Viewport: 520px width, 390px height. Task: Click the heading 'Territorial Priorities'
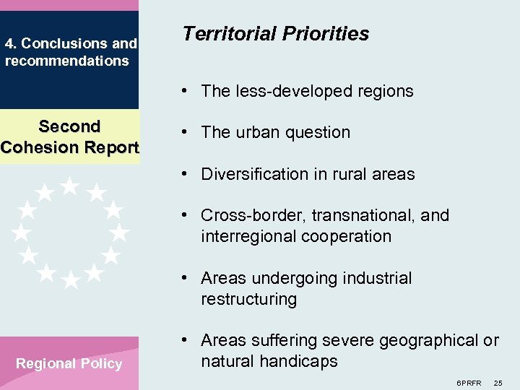[x=276, y=34]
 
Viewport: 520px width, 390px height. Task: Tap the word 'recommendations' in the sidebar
[x=66, y=61]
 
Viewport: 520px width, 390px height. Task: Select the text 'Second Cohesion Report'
[x=69, y=136]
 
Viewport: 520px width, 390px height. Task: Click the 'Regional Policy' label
[x=69, y=363]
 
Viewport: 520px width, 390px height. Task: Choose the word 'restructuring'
[x=248, y=299]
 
